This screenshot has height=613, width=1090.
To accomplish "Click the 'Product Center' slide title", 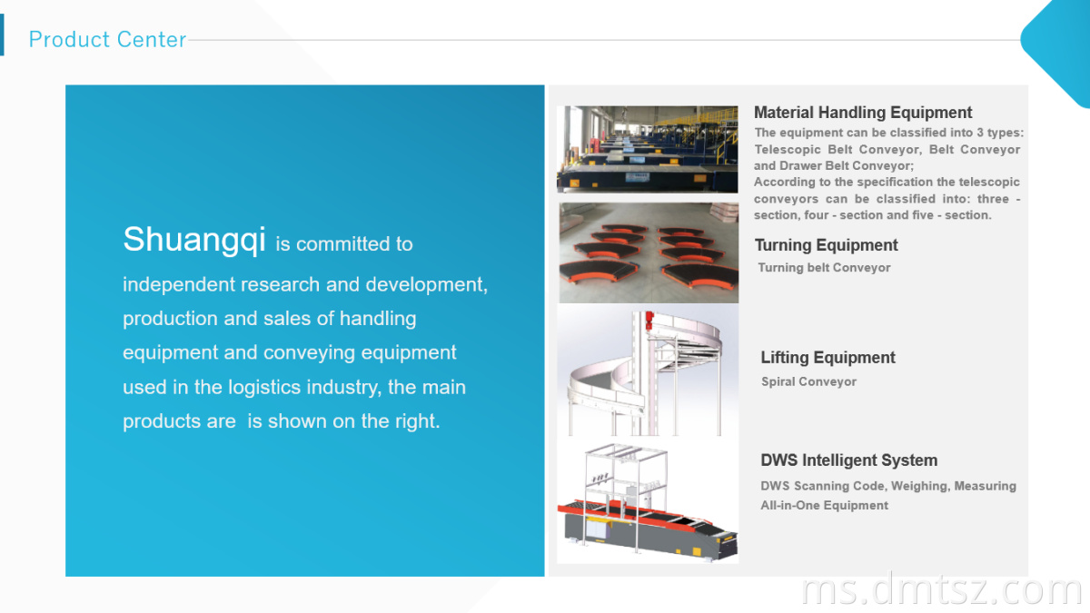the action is coord(107,39).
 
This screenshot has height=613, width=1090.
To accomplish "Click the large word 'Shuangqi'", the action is coord(194,240).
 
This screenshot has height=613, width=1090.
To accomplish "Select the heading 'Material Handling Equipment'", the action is coord(863,113).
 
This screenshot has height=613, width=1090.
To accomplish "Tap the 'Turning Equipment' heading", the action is coord(826,245).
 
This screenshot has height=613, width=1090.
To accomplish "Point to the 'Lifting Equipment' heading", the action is coord(827,358).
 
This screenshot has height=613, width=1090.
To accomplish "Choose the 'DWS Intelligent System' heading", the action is coord(848,460).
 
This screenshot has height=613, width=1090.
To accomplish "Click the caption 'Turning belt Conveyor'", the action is coord(824,268).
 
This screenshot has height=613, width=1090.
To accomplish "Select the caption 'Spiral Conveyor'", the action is coord(808,382).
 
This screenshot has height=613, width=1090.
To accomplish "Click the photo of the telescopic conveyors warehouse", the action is coord(647,149).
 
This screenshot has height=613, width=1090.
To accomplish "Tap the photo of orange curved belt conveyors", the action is coord(649,253).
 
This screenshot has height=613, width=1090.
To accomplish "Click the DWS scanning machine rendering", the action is coord(647,502).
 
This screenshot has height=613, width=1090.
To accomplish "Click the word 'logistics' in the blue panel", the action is coord(264,388).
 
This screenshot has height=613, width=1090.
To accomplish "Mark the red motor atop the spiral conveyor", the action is coord(649,318).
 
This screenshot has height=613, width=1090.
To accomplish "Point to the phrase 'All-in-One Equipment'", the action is coord(825,506).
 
